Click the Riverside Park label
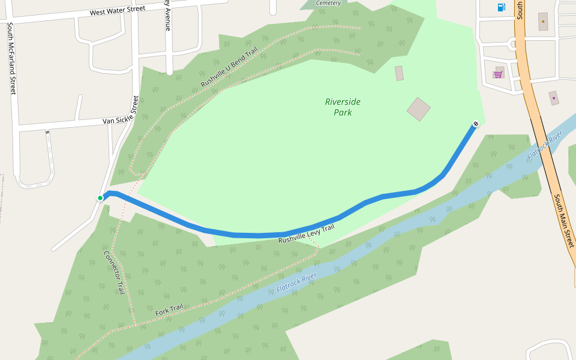[343, 107]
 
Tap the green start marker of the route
[100, 198]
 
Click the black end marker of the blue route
[476, 124]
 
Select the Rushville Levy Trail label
[306, 234]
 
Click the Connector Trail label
[113, 272]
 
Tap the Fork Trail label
[169, 310]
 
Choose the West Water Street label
[118, 11]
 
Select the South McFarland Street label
[11, 58]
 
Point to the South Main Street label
[564, 220]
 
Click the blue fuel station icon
[501, 7]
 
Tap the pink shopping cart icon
[498, 74]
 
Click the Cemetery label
[328, 3]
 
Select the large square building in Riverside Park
[418, 109]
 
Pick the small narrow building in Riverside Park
[399, 73]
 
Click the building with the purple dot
[554, 98]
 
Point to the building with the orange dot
[543, 22]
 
